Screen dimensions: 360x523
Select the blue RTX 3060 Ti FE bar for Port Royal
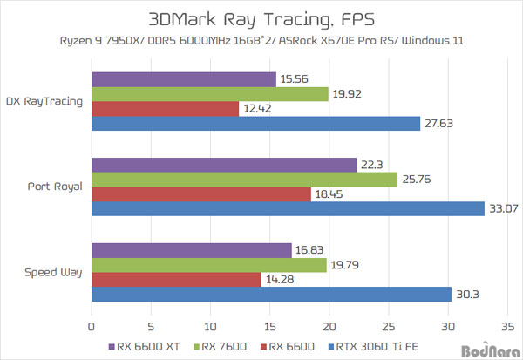point(288,208)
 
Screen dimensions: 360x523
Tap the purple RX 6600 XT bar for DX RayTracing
point(184,79)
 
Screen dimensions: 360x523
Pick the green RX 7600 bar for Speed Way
point(209,265)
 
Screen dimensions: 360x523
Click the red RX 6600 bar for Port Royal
point(201,194)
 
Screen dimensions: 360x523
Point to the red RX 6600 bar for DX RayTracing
point(166,108)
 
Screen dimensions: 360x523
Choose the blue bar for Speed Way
point(271,294)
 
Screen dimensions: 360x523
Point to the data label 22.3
point(371,166)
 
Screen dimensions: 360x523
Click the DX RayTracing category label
point(44,101)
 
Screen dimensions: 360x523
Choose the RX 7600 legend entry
point(222,346)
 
